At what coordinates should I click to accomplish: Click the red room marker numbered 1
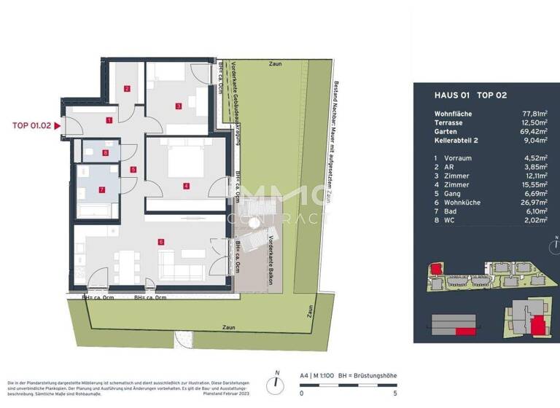109,120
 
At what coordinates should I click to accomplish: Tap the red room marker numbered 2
126,90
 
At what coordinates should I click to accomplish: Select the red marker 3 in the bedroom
177,106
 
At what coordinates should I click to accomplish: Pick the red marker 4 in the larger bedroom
186,186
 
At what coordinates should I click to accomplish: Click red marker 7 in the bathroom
101,191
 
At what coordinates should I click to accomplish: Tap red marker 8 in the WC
106,153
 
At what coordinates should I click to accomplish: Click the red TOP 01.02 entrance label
31,125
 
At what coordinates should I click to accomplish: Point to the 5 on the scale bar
395,393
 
